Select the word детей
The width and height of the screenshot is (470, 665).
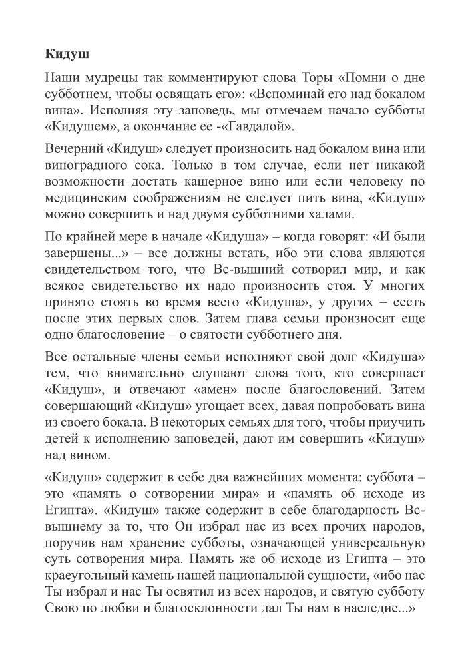[60, 437]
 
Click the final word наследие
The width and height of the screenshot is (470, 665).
[382, 608]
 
